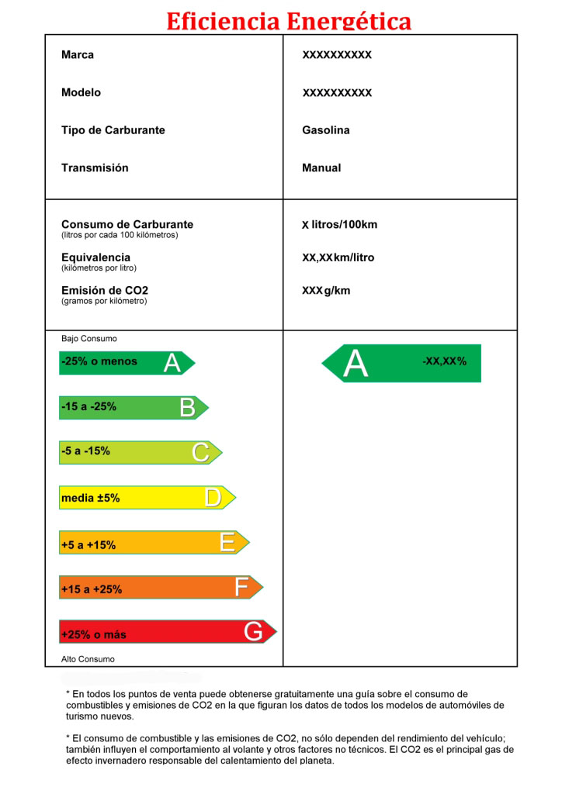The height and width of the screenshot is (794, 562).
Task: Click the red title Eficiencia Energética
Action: [x=289, y=21]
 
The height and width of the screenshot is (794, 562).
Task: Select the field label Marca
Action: [x=78, y=55]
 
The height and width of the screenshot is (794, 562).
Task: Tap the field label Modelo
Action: [x=81, y=93]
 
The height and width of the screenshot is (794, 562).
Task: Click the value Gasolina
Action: [x=326, y=130]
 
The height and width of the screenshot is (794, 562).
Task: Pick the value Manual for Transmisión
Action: [x=321, y=168]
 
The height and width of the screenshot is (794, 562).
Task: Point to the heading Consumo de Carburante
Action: [x=127, y=225]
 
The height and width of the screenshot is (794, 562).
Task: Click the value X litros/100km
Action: [x=340, y=225]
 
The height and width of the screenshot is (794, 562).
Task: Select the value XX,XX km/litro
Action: [x=338, y=257]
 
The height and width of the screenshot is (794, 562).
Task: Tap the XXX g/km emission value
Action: [x=326, y=291]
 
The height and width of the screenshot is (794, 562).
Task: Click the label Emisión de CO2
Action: [x=105, y=291]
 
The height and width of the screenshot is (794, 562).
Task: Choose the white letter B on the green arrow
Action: [x=187, y=408]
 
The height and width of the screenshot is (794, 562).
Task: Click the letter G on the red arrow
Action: [x=253, y=633]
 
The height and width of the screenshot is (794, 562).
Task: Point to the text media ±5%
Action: [x=91, y=499]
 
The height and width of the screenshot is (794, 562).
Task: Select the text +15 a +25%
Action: [x=92, y=589]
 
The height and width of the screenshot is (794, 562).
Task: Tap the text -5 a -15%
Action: [x=85, y=451]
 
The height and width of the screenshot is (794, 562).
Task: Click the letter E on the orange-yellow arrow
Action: [x=227, y=543]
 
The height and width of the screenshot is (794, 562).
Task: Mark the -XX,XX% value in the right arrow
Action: [x=445, y=361]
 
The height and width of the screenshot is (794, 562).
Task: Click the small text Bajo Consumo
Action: [x=89, y=339]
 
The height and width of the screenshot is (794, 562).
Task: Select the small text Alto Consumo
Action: [x=88, y=659]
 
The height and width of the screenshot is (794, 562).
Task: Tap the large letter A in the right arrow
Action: [x=355, y=364]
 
